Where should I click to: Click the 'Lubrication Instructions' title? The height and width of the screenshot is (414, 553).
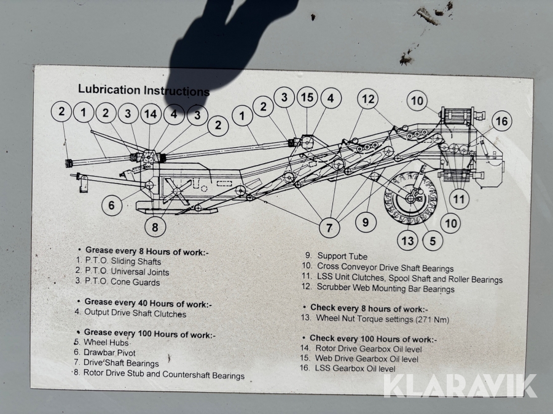click(x=144, y=90)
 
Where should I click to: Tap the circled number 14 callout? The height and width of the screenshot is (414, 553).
click(x=151, y=114)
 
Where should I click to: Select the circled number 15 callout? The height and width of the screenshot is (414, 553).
click(x=307, y=97)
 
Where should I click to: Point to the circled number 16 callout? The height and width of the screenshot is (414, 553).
click(x=501, y=121)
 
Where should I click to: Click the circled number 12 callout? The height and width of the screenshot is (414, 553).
click(x=368, y=99)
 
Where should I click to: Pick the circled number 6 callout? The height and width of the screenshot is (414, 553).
click(x=112, y=205)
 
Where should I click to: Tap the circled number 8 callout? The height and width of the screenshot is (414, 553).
click(x=155, y=227)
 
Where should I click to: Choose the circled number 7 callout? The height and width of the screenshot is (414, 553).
click(x=329, y=228)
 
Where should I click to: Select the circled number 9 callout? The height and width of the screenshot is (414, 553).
click(x=366, y=222)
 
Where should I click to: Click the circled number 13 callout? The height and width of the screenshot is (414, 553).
click(x=407, y=241)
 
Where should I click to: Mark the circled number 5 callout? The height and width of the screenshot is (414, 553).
click(x=433, y=241)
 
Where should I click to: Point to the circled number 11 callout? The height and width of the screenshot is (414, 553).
click(x=458, y=199)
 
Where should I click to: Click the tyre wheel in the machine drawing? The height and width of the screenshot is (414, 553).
click(x=410, y=197)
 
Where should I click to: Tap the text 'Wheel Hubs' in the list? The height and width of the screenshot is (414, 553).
click(x=106, y=342)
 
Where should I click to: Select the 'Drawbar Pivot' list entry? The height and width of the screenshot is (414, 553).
click(x=109, y=353)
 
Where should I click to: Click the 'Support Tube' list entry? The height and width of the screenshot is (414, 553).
click(x=342, y=256)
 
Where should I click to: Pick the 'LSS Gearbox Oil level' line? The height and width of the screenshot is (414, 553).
click(x=355, y=368)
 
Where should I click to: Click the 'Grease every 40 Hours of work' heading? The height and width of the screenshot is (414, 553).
click(x=147, y=303)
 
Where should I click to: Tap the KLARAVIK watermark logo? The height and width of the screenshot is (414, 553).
click(x=460, y=386)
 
